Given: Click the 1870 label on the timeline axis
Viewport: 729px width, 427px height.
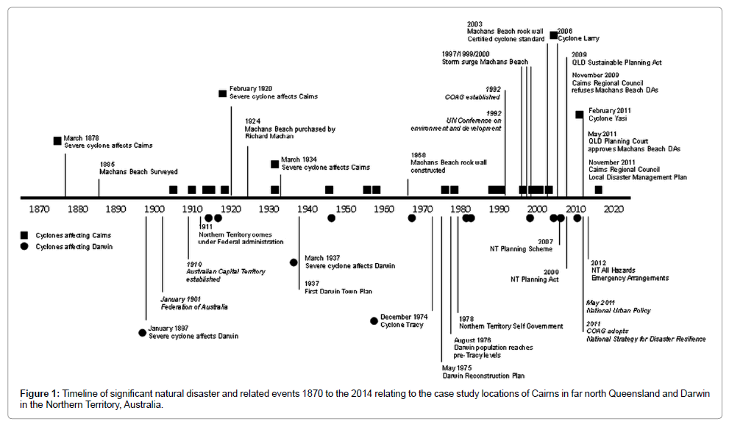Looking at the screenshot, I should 38,208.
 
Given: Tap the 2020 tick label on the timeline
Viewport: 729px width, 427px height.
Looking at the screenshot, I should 613,208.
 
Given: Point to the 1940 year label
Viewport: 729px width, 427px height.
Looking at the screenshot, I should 307,208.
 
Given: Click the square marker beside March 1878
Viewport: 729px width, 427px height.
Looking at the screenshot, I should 57,140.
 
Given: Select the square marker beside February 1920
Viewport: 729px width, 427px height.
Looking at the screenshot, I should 222,93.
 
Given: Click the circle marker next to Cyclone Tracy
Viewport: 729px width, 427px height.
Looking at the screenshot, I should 374,320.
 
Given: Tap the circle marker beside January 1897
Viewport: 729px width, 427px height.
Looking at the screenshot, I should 142,332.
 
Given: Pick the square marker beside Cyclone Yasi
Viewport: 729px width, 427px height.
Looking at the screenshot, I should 580,114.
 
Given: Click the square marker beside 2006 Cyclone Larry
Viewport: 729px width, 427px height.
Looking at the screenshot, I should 553,35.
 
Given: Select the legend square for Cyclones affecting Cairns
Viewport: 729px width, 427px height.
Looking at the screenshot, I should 26,235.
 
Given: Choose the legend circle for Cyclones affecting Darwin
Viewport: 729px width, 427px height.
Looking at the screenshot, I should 26,246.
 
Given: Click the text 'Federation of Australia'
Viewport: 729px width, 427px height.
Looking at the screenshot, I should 194,306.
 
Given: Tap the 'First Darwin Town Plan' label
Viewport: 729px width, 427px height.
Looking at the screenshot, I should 338,292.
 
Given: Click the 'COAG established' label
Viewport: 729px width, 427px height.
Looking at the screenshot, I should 472,96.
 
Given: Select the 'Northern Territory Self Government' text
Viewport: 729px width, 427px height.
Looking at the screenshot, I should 511,326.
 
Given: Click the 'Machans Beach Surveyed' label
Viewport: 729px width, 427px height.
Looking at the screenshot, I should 138,172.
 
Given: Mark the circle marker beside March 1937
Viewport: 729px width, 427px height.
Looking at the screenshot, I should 294,262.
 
